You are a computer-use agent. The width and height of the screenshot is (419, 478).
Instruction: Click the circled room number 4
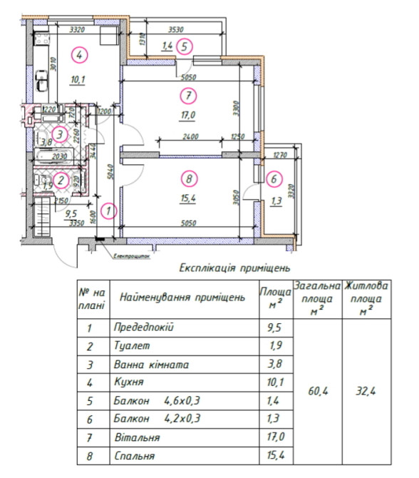click(80, 54)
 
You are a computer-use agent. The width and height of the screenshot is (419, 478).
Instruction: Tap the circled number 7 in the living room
click(187, 94)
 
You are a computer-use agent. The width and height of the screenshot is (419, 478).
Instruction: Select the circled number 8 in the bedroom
click(188, 178)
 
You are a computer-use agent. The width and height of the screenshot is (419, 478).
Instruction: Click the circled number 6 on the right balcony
click(273, 178)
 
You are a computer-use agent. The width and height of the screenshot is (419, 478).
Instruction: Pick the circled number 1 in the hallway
click(108, 210)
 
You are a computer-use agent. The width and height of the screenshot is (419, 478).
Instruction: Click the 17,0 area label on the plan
click(188, 113)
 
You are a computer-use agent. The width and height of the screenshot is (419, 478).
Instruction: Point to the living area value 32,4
click(366, 391)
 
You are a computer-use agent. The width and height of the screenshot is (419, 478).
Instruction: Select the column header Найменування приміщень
click(182, 297)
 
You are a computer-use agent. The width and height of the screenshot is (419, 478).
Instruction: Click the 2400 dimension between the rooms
click(190, 137)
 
